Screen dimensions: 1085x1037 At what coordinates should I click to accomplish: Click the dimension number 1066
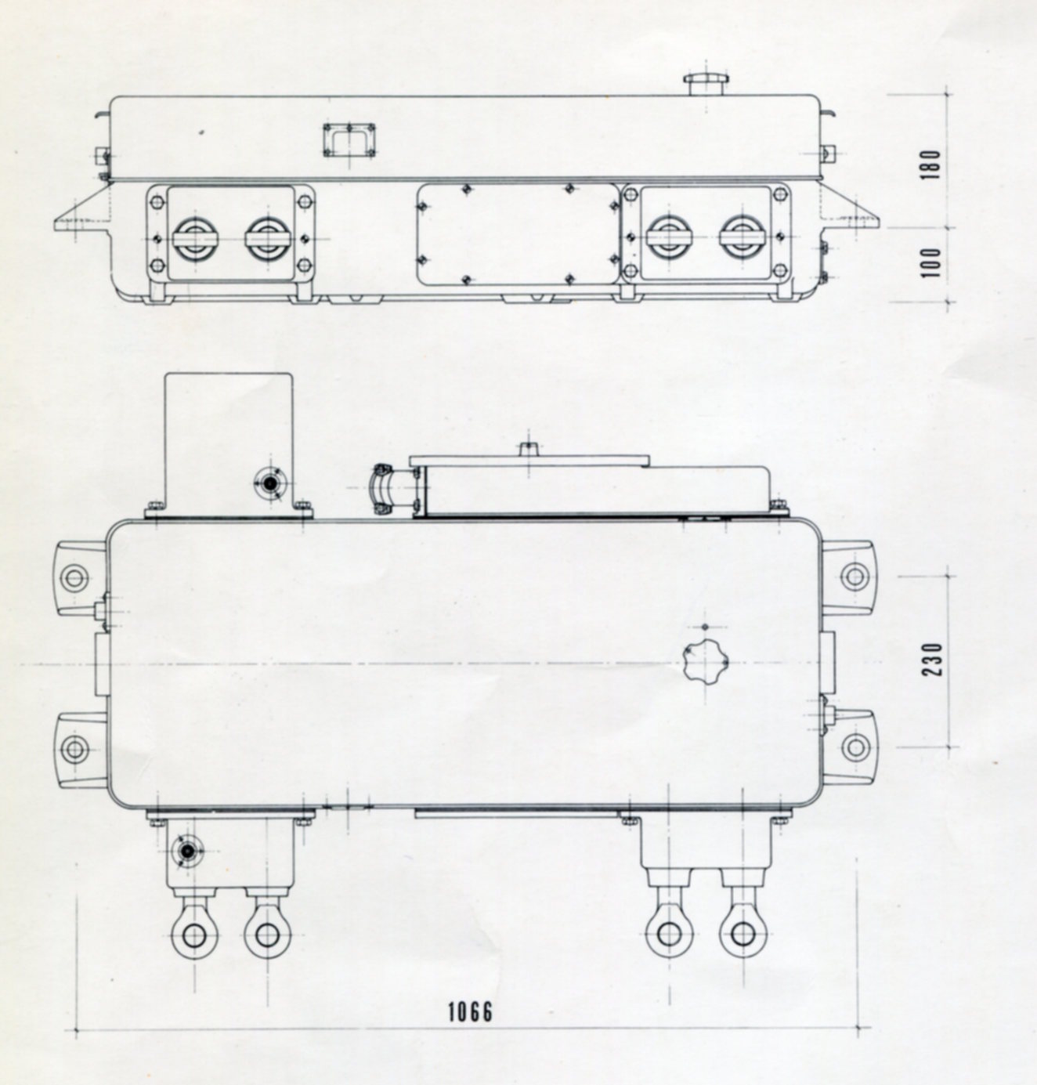pos(471,1011)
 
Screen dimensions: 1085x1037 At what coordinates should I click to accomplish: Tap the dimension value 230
pos(931,661)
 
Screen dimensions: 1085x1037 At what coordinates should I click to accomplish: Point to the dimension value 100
pos(931,262)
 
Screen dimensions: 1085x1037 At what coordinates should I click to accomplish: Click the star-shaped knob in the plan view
pos(705,663)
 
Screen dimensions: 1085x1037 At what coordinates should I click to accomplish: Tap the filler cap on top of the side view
pos(708,83)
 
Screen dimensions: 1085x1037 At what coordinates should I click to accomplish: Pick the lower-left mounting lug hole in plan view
pos(74,748)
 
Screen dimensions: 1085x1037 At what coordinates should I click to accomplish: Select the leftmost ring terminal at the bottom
pos(193,934)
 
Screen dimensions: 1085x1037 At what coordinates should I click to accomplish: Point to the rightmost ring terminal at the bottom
pos(743,934)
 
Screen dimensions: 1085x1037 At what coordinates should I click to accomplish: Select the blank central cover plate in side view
pos(517,233)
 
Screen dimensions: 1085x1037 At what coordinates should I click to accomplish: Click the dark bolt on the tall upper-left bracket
pos(271,483)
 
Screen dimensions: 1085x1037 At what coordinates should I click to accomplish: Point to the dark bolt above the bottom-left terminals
pos(187,850)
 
